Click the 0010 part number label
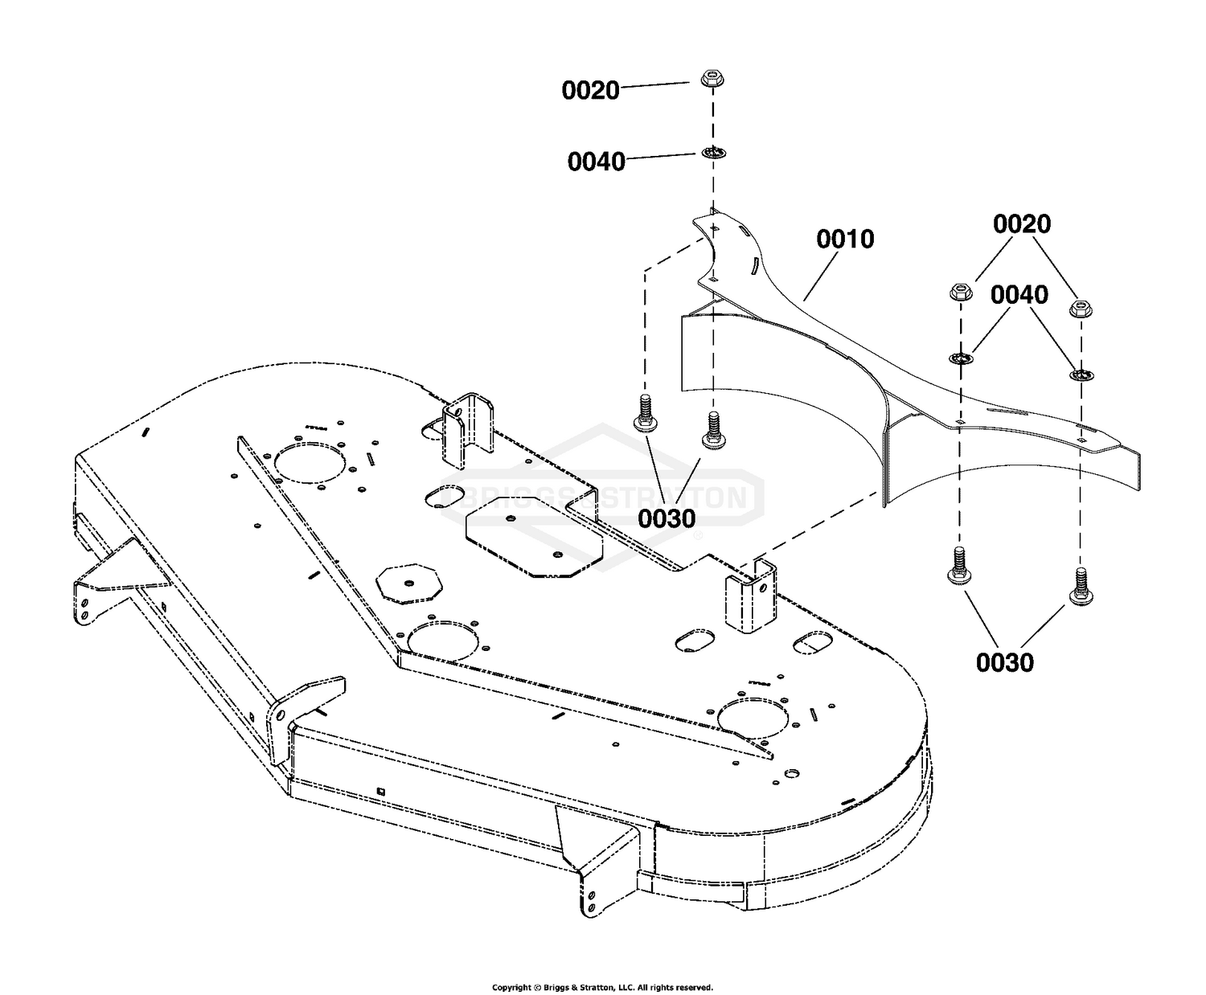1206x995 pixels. [844, 239]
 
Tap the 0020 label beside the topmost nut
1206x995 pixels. [590, 90]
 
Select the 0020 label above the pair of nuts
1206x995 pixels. [1021, 223]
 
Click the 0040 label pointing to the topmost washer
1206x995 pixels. [596, 162]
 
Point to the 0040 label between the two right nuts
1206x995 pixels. [1019, 294]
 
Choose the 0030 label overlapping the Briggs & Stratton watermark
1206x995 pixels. [667, 518]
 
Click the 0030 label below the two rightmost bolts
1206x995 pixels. [1004, 661]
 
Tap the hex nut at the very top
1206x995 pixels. [712, 78]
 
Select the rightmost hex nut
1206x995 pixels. [1080, 308]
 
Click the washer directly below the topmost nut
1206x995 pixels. [713, 153]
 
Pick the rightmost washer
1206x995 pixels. [1081, 375]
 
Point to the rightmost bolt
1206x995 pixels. [1080, 587]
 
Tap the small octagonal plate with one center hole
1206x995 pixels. [409, 583]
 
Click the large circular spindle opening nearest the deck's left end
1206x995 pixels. [310, 463]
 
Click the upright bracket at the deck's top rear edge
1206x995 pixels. [467, 431]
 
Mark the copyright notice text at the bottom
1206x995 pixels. [602, 988]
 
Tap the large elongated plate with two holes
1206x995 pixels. [535, 536]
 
